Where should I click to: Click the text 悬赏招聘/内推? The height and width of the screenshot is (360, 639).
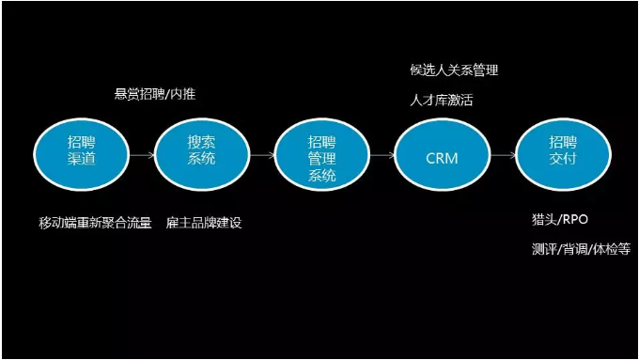(155, 94)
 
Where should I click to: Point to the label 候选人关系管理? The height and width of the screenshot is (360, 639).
(454, 70)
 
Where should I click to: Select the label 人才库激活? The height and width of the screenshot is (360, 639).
(441, 99)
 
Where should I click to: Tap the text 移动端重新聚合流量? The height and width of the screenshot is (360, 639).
(95, 223)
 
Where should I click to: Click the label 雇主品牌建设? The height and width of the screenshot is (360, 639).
(204, 223)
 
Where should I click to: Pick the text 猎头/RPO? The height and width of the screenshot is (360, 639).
(558, 220)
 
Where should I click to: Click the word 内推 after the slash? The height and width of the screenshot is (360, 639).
(185, 94)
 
